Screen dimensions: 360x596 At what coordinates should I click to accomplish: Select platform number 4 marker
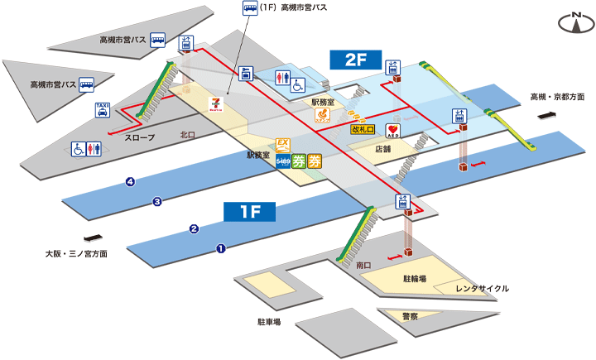click(x=130, y=182)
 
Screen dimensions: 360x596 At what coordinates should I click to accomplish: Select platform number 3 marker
click(x=156, y=201)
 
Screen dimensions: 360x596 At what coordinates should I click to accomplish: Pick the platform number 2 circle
click(x=194, y=228)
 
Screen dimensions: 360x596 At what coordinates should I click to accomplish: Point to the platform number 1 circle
click(x=221, y=247)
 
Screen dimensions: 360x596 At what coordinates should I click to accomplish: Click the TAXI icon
click(x=103, y=111)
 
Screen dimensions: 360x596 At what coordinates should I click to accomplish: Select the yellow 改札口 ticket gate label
click(x=363, y=129)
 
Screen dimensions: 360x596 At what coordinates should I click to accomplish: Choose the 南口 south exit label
click(x=363, y=266)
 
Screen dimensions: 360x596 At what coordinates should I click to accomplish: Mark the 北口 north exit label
click(x=188, y=135)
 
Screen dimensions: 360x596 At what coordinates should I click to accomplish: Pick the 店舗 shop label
click(x=382, y=150)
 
